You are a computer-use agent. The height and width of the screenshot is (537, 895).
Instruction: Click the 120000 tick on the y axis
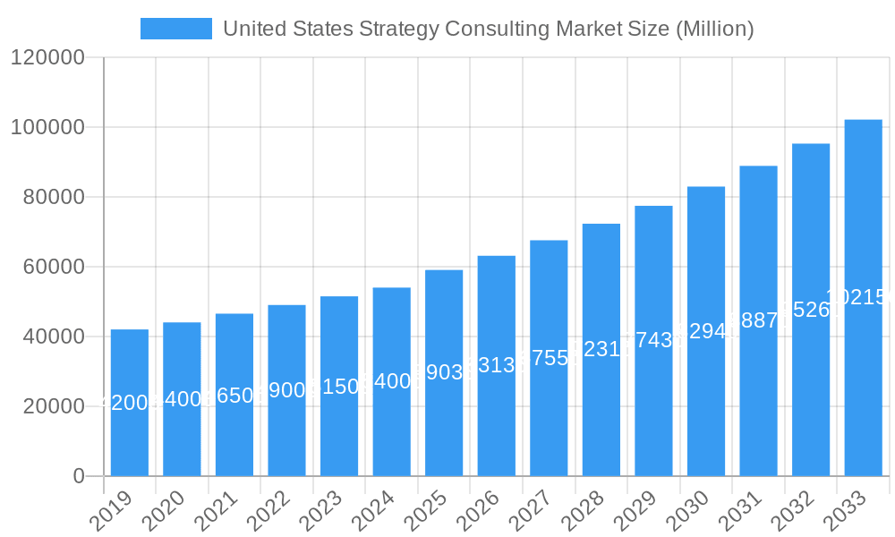47,58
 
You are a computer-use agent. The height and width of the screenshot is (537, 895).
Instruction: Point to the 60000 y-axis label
47,267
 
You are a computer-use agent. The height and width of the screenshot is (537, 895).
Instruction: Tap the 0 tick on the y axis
78,476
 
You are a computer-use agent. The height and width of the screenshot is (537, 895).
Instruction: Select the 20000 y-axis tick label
47,406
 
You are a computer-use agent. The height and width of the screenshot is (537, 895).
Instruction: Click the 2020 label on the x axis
161,511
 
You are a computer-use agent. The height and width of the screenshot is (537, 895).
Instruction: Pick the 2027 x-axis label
528,511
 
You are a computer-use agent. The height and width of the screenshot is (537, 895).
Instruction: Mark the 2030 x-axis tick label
686,511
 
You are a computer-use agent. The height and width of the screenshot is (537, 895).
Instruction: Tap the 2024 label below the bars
371,511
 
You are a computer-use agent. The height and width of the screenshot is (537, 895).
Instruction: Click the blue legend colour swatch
176,29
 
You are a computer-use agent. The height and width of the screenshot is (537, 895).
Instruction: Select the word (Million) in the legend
714,29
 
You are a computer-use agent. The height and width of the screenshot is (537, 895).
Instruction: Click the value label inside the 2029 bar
653,340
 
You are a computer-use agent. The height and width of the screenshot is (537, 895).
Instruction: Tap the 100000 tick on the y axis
47,128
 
